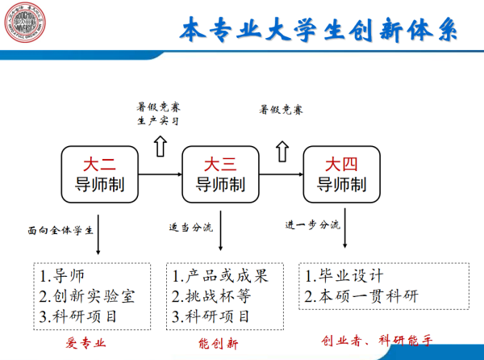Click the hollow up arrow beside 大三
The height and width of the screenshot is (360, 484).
(282, 150)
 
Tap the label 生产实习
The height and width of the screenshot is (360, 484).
(156, 122)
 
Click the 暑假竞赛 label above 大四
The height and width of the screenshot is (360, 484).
(281, 108)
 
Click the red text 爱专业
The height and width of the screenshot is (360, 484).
(86, 344)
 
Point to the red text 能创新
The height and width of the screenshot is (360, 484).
(219, 344)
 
